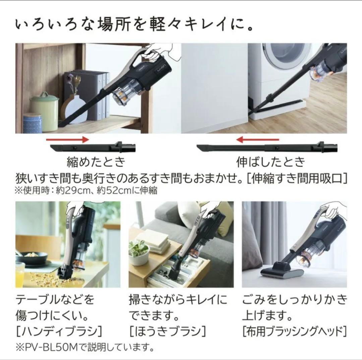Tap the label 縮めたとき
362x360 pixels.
[96, 162]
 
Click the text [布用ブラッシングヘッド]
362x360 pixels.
[294, 331]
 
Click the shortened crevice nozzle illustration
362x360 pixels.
[93, 147]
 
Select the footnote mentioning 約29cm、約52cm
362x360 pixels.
[85, 190]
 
